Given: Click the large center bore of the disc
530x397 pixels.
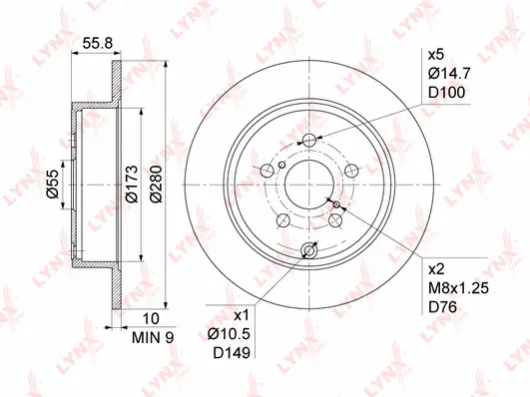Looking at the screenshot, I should pyautogui.click(x=308, y=180).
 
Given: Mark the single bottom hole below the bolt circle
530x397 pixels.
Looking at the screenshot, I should pyautogui.click(x=308, y=251).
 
